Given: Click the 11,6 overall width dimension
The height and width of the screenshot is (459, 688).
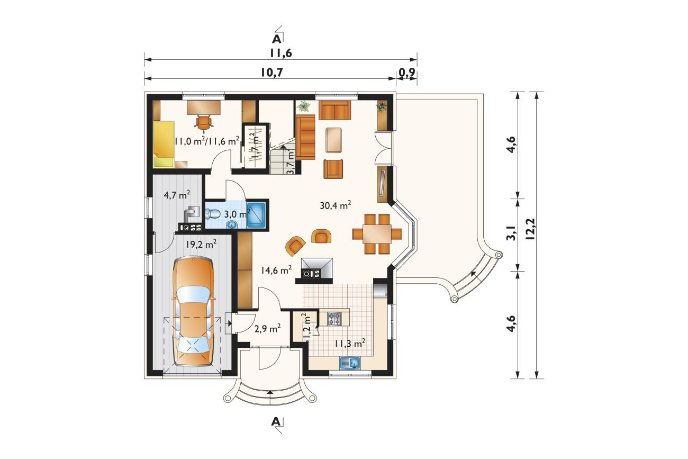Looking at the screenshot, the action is click(280, 53).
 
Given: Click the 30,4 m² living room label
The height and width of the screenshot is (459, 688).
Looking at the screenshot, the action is click(336, 205).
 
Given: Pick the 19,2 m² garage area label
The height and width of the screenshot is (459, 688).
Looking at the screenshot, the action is click(201, 244).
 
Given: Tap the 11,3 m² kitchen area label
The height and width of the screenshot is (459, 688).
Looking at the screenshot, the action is click(350, 344).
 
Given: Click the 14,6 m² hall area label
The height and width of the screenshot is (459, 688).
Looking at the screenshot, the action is click(276, 270).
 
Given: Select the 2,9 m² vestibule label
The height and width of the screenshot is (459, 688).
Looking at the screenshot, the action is click(267, 329).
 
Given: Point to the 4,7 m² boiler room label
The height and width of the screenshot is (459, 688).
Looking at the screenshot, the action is click(177, 195).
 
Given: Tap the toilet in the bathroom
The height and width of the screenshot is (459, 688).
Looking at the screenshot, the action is click(212, 213).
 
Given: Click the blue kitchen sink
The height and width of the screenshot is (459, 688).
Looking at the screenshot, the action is click(350, 363).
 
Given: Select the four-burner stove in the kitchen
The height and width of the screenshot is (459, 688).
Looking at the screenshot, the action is click(334, 319).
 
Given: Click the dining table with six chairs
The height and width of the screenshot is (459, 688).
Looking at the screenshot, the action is click(377, 234).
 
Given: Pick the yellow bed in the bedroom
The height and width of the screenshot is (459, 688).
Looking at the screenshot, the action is click(164, 144).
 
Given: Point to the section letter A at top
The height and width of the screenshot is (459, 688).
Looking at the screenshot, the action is click(277, 39).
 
